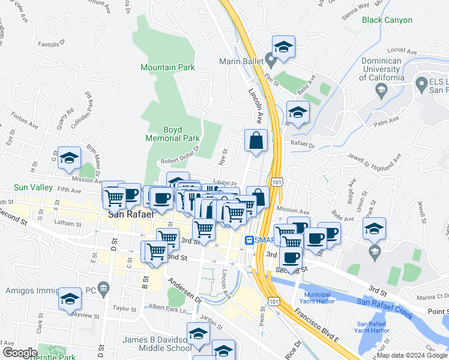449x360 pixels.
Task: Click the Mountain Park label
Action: point(167,68)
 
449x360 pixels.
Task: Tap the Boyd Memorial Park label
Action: point(172,134)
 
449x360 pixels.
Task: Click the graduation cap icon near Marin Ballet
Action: point(283,46)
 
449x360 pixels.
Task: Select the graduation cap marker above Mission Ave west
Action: point(69,158)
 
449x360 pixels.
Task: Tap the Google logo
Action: point(20,353)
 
